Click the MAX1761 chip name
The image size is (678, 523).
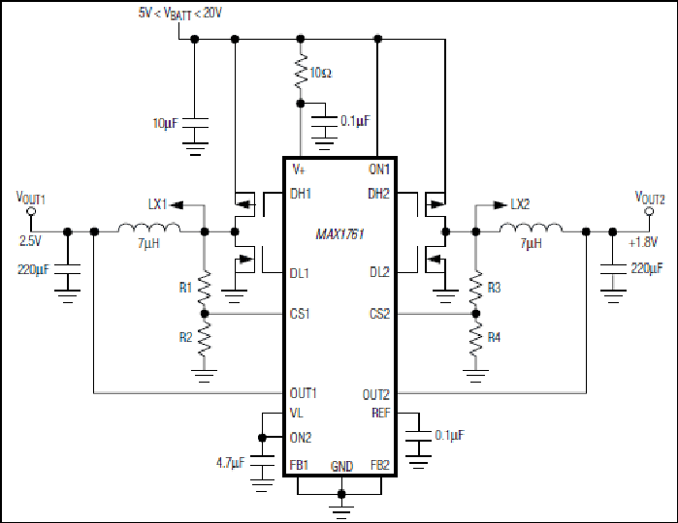[x=339, y=234]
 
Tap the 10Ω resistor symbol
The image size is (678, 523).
[x=301, y=72]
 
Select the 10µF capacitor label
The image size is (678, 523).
[x=165, y=123]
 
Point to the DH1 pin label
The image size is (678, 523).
[x=301, y=194]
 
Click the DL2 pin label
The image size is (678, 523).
[x=379, y=272]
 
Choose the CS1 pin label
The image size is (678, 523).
[x=300, y=313]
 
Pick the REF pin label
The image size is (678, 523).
[x=381, y=413]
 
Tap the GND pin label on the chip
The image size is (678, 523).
[x=342, y=466]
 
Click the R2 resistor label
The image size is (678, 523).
[x=185, y=337]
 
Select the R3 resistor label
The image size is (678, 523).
[x=494, y=288]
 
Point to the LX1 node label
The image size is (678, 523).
[x=157, y=204]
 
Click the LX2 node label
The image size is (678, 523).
[x=520, y=204]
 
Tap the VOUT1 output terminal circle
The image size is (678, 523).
[x=31, y=211]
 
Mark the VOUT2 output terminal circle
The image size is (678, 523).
[x=649, y=211]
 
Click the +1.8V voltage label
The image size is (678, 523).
[x=643, y=242]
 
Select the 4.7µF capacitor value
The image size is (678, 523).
[x=231, y=463]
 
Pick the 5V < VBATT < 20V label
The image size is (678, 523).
[x=179, y=14]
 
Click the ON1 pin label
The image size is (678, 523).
[x=379, y=169]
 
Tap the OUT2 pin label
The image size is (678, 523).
[x=376, y=394]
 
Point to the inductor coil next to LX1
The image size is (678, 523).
[x=149, y=228]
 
